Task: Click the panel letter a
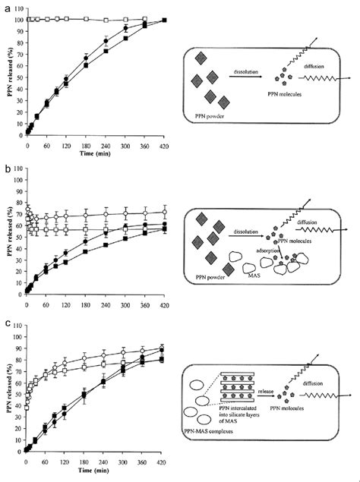tap(5, 6)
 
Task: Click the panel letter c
tap(6, 325)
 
